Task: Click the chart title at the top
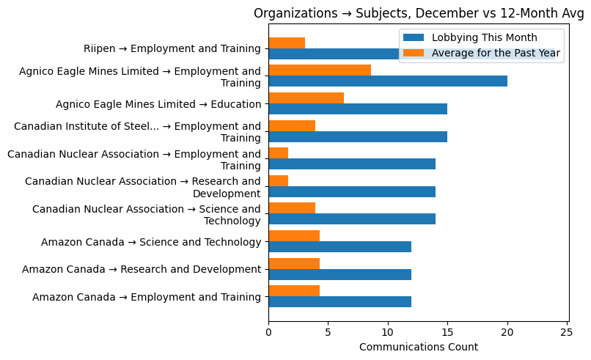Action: tap(418, 12)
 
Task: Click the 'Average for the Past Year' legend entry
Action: tap(484, 53)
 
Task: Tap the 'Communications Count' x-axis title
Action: tap(418, 347)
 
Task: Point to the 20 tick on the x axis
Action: tap(507, 331)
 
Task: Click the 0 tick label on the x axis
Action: tap(269, 331)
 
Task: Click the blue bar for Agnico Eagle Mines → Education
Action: tap(358, 109)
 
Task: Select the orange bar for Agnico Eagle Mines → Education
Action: tap(306, 98)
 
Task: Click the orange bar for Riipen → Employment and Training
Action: tap(287, 43)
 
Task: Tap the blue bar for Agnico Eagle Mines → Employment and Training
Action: tap(388, 81)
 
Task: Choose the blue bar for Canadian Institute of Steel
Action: tap(358, 136)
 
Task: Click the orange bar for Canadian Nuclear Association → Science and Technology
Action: tap(292, 208)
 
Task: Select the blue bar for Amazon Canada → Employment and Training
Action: tap(340, 301)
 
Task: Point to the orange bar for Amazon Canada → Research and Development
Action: tap(294, 263)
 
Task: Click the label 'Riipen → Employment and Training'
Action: tap(172, 49)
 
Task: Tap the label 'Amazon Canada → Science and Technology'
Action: tap(151, 242)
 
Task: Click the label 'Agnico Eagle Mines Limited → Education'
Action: tap(158, 104)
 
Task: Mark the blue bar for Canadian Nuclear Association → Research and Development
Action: tap(352, 191)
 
